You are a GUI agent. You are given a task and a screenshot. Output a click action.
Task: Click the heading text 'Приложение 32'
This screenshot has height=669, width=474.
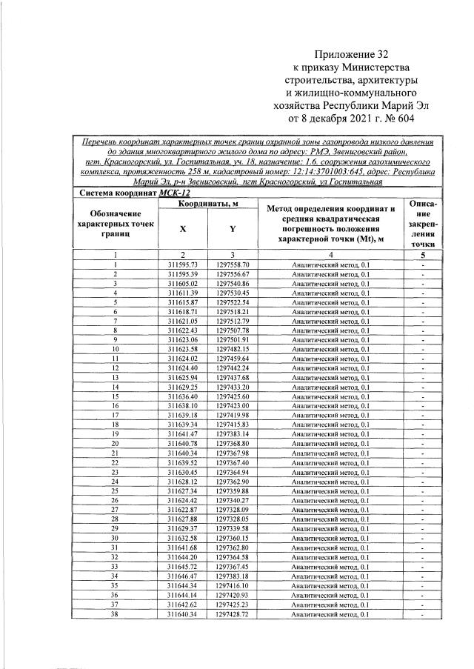pos(351,54)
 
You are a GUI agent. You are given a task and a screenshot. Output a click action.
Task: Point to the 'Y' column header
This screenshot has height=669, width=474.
pos(233,228)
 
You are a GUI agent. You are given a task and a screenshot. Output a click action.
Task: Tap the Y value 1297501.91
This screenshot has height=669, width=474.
pos(233,339)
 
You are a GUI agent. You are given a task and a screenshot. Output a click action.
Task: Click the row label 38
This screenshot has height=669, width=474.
pos(116,613)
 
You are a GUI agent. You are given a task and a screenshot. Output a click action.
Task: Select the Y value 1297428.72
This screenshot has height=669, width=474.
pos(233,613)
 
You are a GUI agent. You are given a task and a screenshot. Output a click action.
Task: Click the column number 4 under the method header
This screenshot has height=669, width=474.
pos(330,254)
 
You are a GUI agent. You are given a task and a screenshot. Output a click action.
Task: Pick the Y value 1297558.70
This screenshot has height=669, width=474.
pos(233,264)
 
